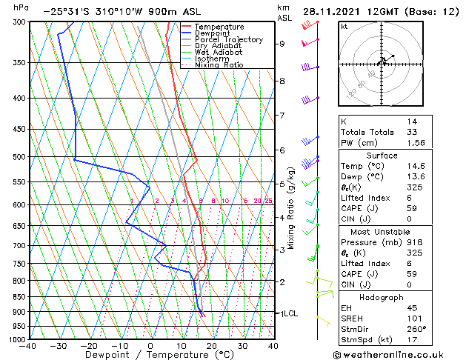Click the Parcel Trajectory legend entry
pos(228,39)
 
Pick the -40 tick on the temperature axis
pos(29,345)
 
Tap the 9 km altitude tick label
pos(282,44)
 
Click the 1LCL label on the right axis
pos(288,313)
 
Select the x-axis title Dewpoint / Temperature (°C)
pos(151,355)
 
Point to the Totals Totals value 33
pos(412,132)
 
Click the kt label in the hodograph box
pos(344,26)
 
